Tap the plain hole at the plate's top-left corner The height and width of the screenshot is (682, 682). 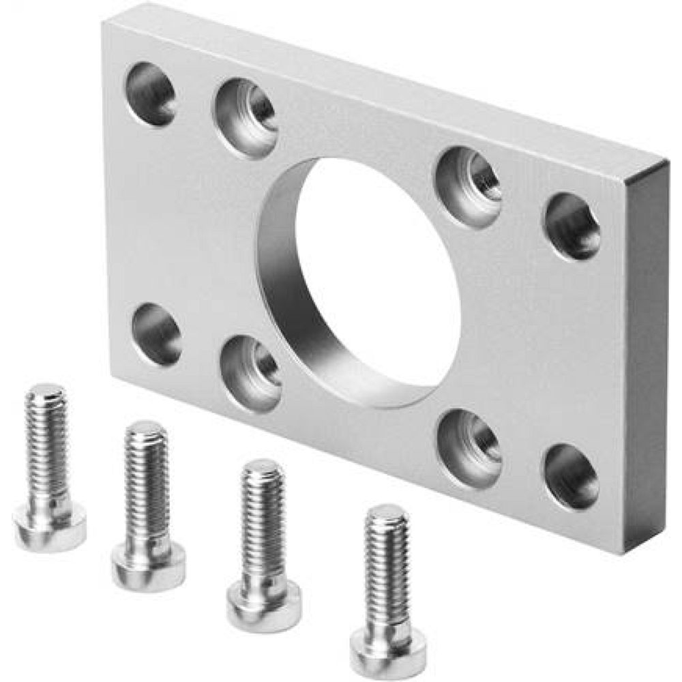tap(151, 94)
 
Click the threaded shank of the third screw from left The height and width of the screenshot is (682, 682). tap(263, 512)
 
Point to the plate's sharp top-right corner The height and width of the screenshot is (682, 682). tap(666, 162)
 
